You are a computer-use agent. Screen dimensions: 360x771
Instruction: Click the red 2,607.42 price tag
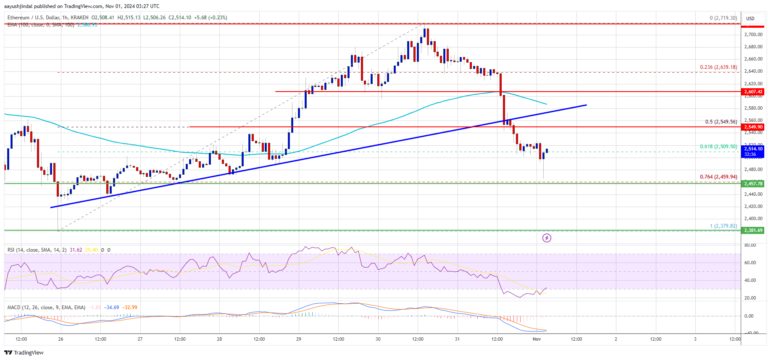point(753,92)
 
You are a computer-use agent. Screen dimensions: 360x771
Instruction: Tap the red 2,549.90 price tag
point(753,127)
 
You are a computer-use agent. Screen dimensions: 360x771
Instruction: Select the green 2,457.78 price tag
point(753,184)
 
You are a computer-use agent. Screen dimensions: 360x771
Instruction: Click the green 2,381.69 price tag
point(753,230)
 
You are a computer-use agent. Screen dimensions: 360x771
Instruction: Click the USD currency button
point(750,18)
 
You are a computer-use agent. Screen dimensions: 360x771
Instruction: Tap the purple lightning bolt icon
point(547,238)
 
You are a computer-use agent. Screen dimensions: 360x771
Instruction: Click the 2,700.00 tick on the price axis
point(753,34)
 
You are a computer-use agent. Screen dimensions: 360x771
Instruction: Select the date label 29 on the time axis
point(299,339)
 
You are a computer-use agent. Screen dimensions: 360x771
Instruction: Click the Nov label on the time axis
point(537,339)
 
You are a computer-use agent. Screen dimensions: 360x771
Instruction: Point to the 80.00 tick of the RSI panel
point(750,245)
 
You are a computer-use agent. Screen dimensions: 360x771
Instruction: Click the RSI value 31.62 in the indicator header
point(76,250)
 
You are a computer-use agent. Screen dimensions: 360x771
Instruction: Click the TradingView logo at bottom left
point(24,352)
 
